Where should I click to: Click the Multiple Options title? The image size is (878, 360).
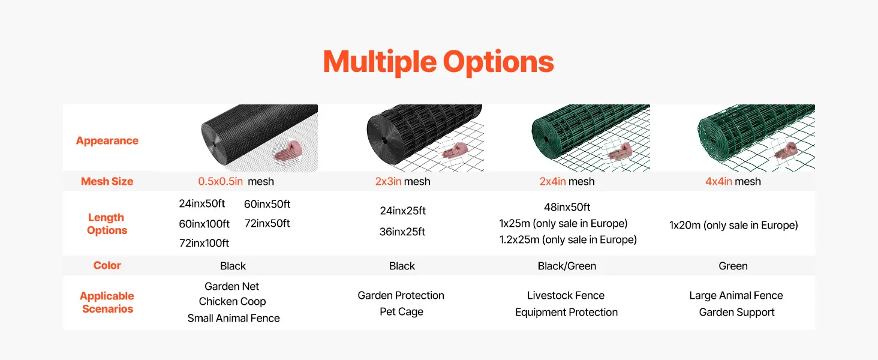[x=438, y=62]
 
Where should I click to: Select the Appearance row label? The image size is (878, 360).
[x=107, y=141]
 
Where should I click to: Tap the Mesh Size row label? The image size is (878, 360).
[x=107, y=181]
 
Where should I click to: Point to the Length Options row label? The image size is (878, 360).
[x=107, y=224]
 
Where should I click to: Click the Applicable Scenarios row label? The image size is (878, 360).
[x=107, y=302]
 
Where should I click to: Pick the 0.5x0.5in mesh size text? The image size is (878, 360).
[x=236, y=182]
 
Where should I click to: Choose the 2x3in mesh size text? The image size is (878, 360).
[x=402, y=182]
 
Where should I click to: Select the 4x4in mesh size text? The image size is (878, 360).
[x=733, y=182]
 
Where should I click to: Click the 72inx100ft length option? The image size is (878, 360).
[x=204, y=243]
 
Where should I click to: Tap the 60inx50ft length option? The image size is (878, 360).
[x=267, y=204]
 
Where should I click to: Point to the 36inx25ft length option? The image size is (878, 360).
[x=402, y=232]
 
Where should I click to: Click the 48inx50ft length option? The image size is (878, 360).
[x=567, y=207]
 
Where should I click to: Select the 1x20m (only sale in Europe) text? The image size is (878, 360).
[x=733, y=226]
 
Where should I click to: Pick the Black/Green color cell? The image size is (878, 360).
[x=567, y=266]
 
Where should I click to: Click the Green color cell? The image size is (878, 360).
[x=733, y=266]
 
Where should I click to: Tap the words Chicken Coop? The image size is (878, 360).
[x=232, y=302]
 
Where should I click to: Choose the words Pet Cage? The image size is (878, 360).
[x=401, y=312]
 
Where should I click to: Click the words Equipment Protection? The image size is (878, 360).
[x=566, y=313]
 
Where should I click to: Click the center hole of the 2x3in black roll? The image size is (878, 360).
[x=385, y=141]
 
